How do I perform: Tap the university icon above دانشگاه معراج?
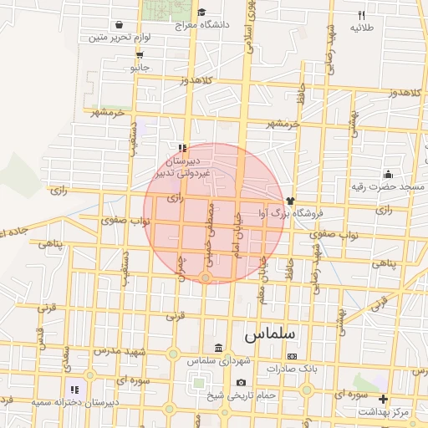[x=201, y=12]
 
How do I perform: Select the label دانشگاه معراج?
[x=202, y=25]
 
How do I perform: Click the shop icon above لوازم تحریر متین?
[x=120, y=24]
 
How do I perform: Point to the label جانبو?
[x=139, y=66]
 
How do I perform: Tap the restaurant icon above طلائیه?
[x=361, y=15]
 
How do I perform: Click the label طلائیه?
[x=361, y=28]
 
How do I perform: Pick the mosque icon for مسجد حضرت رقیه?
[x=389, y=174]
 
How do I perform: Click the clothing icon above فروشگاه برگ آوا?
[x=290, y=201]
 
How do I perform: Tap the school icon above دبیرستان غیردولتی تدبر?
[x=183, y=148]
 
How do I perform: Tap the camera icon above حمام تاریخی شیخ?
[x=241, y=383]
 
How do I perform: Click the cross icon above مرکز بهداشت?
[x=384, y=399]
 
